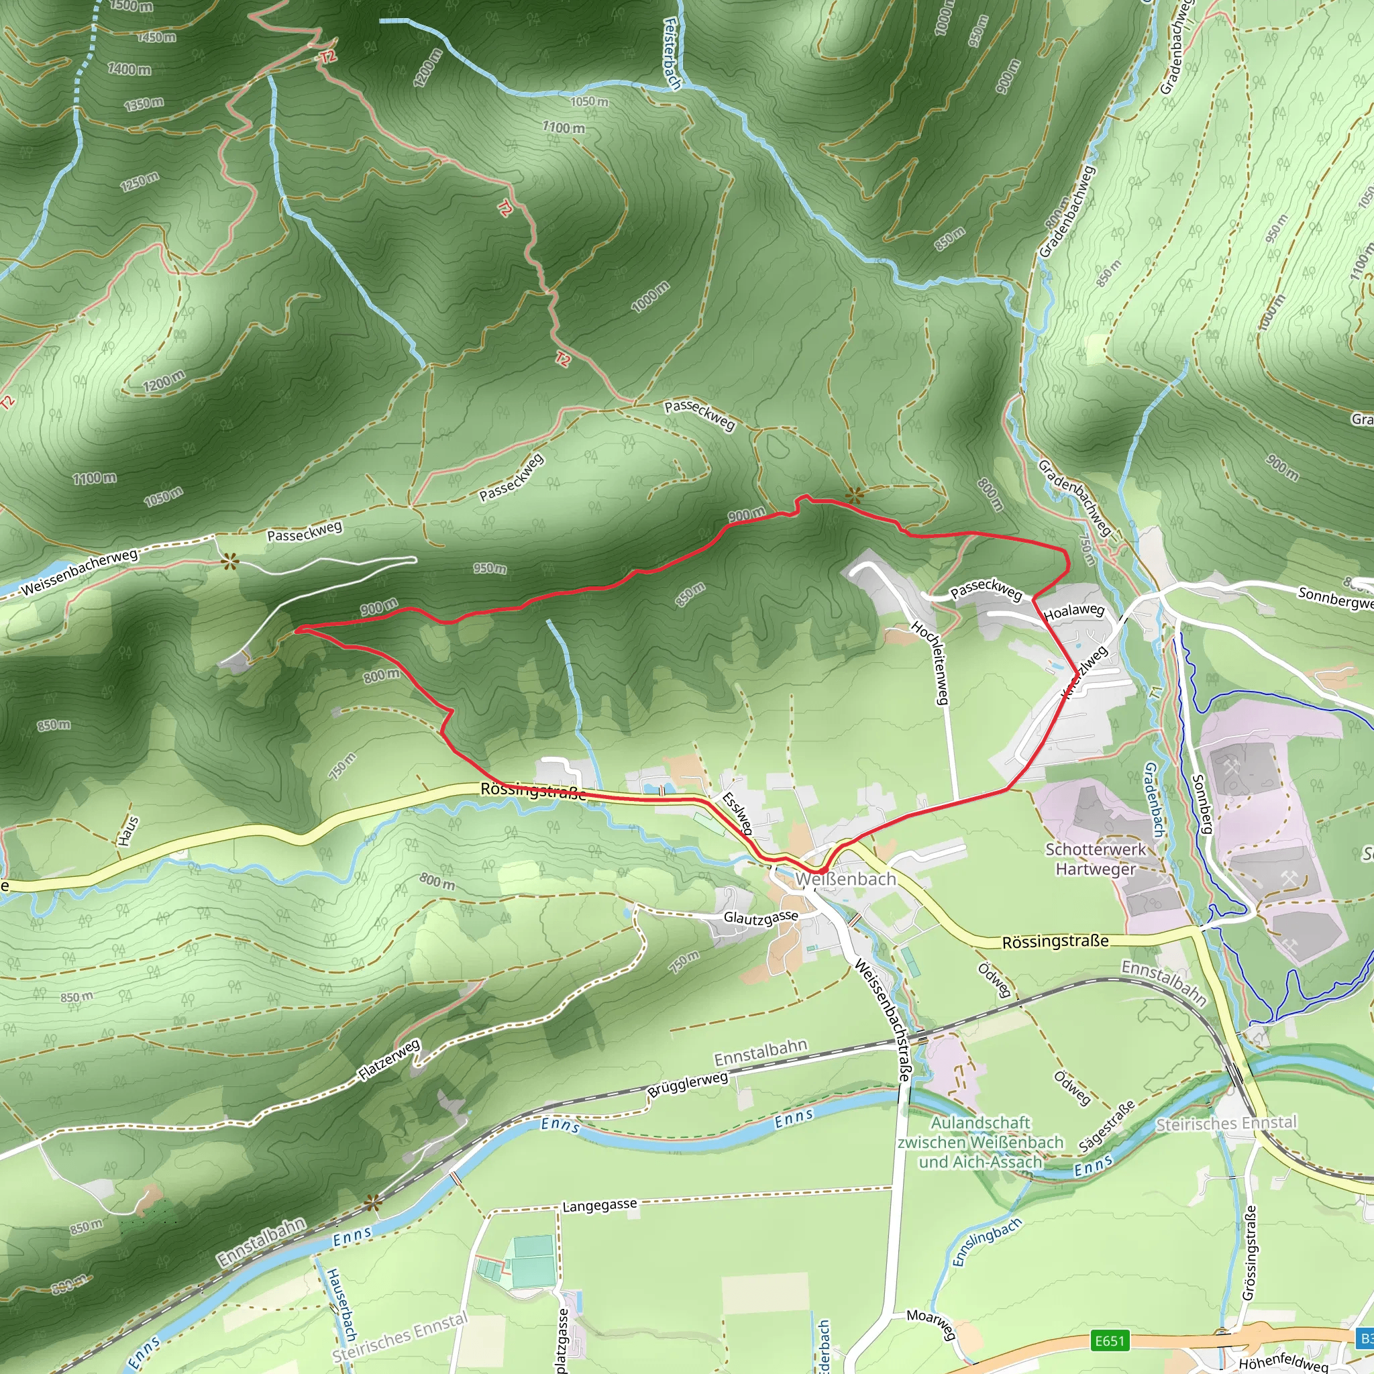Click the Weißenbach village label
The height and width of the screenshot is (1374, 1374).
[x=845, y=879]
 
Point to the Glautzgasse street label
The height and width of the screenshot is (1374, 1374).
[x=760, y=917]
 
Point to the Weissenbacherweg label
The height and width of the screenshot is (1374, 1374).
[x=79, y=572]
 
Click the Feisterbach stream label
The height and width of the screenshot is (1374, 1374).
[x=672, y=54]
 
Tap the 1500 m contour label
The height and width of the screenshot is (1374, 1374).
[x=131, y=5]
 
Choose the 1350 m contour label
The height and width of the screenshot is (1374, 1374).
[x=144, y=105]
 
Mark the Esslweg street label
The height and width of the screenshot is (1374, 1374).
[x=737, y=812]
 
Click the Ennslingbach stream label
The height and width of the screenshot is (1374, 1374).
[x=986, y=1242]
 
